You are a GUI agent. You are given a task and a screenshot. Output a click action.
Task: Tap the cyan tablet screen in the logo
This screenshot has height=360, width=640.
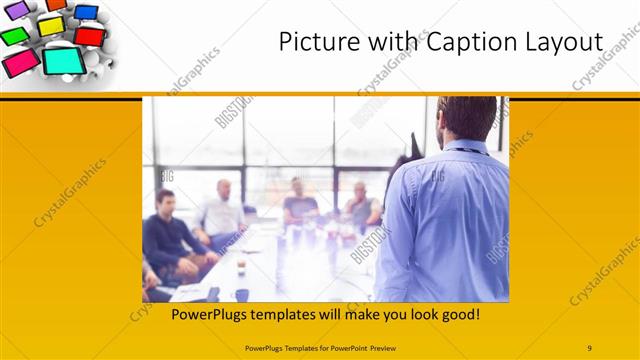(x=61, y=62)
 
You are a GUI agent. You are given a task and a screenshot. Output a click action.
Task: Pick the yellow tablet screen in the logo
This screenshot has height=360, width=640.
(x=50, y=25)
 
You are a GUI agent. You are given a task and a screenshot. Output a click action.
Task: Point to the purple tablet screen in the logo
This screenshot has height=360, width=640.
(x=17, y=10)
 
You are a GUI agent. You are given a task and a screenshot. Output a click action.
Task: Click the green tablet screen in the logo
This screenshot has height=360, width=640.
(x=13, y=36)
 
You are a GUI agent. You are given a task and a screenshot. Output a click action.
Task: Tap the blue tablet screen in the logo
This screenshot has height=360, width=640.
(x=87, y=12)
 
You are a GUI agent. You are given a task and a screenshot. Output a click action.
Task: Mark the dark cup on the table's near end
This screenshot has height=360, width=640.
(x=242, y=294)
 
